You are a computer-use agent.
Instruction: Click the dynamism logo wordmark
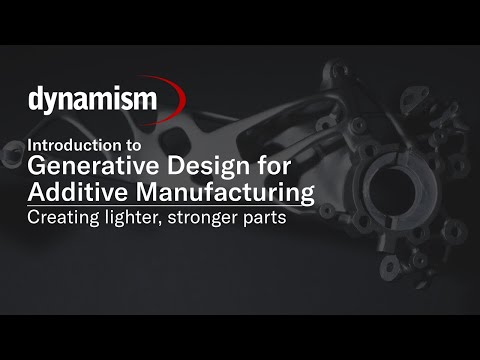(x=92, y=100)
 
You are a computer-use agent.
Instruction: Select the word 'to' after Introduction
(x=148, y=143)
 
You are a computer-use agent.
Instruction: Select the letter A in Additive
(x=36, y=191)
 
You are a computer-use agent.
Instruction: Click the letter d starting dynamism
(x=35, y=100)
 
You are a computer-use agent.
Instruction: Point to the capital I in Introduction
(x=30, y=143)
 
